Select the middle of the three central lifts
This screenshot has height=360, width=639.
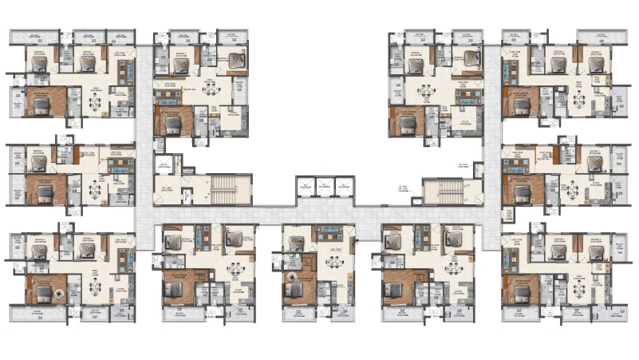325,187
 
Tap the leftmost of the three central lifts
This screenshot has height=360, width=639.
306,187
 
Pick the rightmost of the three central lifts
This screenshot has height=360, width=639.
344,187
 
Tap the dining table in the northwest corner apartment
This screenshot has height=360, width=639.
95,101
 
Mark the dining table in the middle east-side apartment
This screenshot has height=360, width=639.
572,189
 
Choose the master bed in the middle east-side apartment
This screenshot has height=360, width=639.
523,191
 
